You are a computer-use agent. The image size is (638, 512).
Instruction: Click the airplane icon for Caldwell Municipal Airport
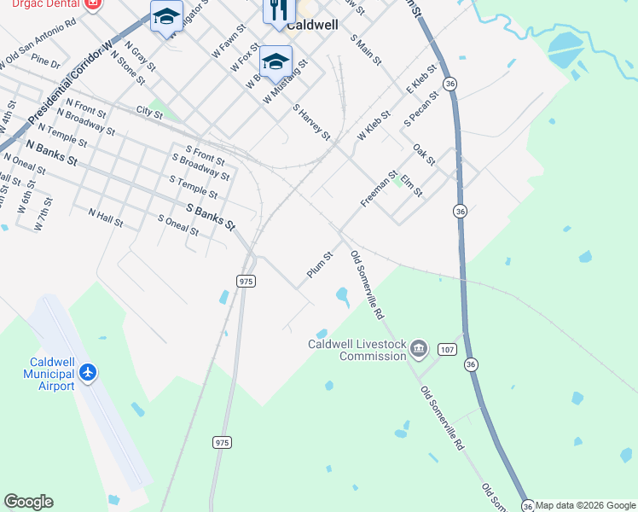click(x=87, y=372)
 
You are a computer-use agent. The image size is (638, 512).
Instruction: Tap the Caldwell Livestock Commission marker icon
click(x=419, y=348)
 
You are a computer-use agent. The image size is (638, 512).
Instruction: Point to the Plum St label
click(x=319, y=265)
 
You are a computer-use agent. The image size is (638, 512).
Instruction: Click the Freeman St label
click(x=379, y=189)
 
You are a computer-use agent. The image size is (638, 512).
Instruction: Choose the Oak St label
click(x=424, y=154)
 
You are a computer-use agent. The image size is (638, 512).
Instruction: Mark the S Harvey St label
click(x=311, y=123)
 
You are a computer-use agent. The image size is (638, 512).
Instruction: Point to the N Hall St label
click(x=105, y=218)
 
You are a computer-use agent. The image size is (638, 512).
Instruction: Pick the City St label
click(x=148, y=111)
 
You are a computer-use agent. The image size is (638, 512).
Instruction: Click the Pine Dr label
click(x=45, y=62)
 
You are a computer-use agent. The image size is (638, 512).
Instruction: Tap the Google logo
click(x=28, y=502)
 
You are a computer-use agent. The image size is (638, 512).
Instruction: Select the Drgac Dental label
click(x=43, y=3)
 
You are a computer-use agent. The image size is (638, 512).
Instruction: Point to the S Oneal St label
click(x=178, y=225)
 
